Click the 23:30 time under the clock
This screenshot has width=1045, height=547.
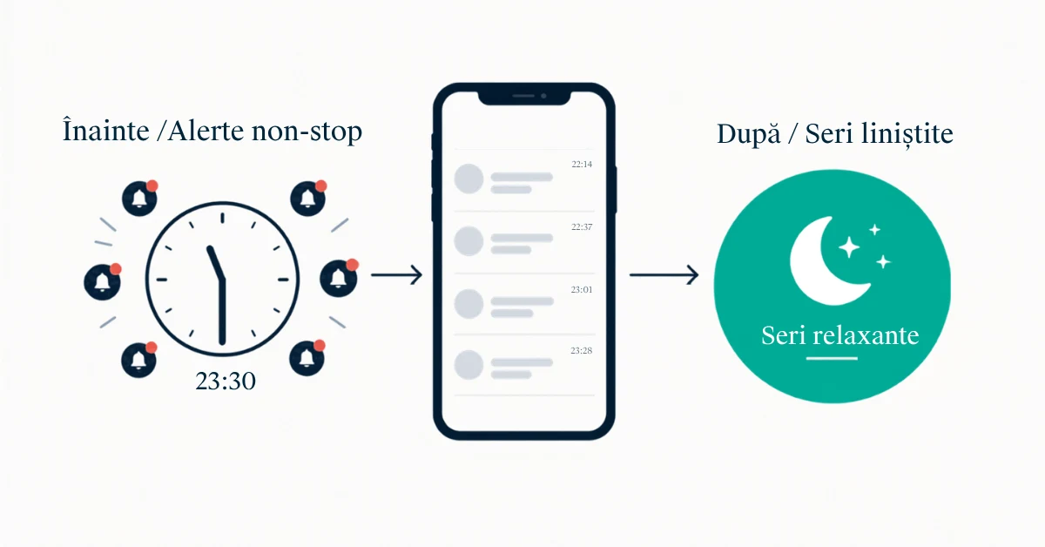[x=226, y=381]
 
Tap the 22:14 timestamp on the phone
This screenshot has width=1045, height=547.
[x=582, y=165]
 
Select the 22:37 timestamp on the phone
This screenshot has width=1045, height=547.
[x=582, y=226]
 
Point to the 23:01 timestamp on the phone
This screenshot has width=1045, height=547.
[x=582, y=289]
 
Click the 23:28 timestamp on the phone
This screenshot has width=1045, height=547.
[x=582, y=350]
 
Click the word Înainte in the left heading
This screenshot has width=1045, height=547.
[x=106, y=130]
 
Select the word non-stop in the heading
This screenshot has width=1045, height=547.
[x=307, y=132]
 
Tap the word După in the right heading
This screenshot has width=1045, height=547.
[x=748, y=133]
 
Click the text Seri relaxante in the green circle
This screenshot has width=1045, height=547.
[x=839, y=335]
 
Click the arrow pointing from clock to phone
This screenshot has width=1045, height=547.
[x=396, y=274]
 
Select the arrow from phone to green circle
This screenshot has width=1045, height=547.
[x=664, y=274]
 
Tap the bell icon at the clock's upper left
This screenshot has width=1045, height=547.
[x=139, y=199]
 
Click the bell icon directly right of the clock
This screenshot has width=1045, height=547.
[x=339, y=278]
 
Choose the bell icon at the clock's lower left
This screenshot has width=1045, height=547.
[x=139, y=360]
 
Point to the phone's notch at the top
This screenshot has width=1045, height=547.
[x=524, y=97]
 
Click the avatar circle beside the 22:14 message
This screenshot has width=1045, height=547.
[x=469, y=179]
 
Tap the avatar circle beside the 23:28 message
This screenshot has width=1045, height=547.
[x=469, y=364]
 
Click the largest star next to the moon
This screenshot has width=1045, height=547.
[x=849, y=247]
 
